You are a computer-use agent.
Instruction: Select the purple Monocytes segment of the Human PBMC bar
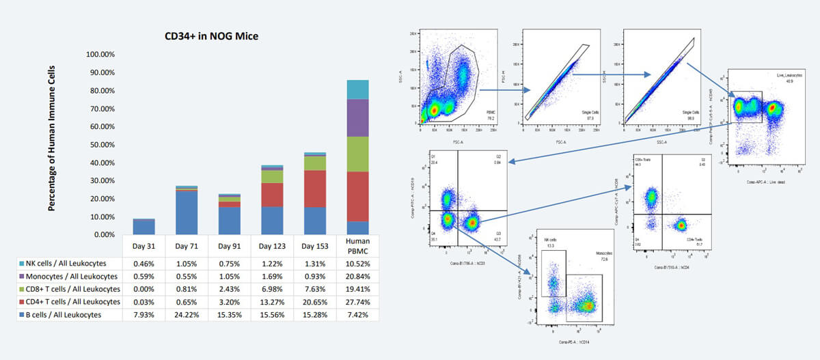(x=357, y=117)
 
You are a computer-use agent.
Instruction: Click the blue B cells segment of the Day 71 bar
(x=187, y=212)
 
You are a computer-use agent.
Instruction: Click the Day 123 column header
(x=272, y=246)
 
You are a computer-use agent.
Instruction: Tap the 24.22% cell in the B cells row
(x=187, y=315)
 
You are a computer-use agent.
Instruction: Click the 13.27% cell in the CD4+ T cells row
(x=272, y=302)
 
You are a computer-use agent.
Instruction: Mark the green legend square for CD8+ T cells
(x=22, y=289)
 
